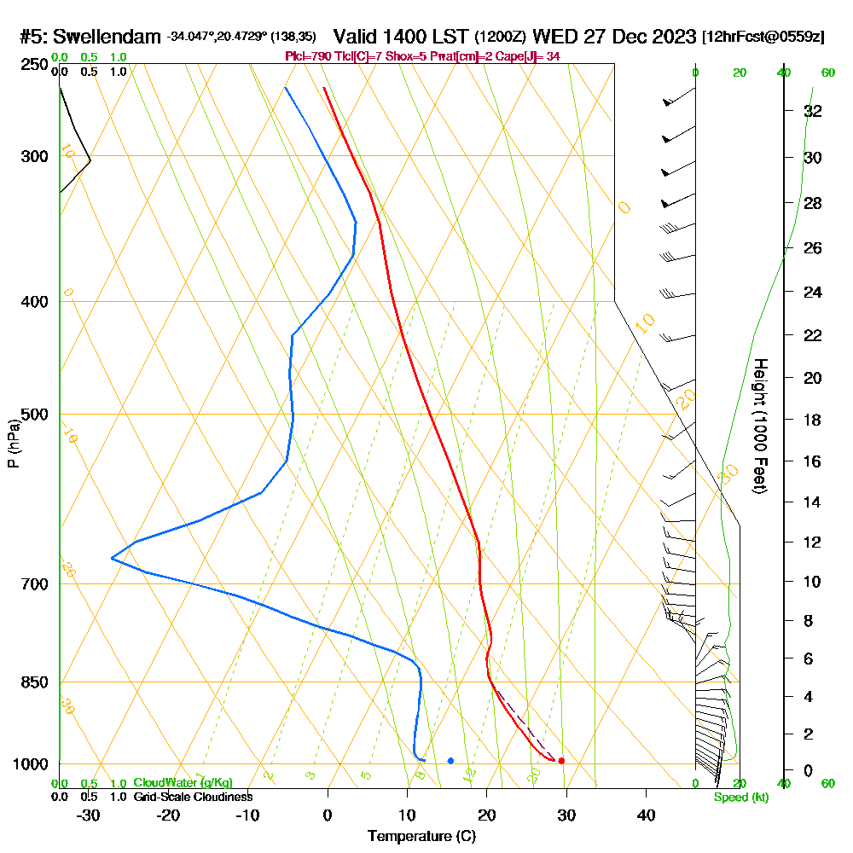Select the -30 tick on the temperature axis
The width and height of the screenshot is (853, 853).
coord(88,815)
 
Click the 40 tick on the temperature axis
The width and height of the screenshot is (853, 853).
coord(647,815)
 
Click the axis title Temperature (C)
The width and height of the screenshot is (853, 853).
coord(421,837)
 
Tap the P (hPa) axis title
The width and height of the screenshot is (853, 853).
coord(13,444)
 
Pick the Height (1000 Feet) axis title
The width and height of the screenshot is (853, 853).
coord(759,426)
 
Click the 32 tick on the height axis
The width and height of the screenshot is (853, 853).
coord(813,111)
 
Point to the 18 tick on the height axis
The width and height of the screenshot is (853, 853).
coord(813,420)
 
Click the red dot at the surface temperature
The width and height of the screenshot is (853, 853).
coord(561,760)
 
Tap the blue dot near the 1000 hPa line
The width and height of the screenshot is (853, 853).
coord(450,760)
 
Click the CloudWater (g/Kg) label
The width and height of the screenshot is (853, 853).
coord(183,783)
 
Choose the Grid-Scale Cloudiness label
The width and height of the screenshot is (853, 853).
coord(192,797)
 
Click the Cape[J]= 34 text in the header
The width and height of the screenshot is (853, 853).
coord(528,56)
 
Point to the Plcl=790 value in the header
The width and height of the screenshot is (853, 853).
coord(308,56)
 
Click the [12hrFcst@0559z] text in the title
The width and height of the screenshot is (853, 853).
coord(763,37)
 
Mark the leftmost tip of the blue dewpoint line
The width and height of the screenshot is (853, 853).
coord(112,559)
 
